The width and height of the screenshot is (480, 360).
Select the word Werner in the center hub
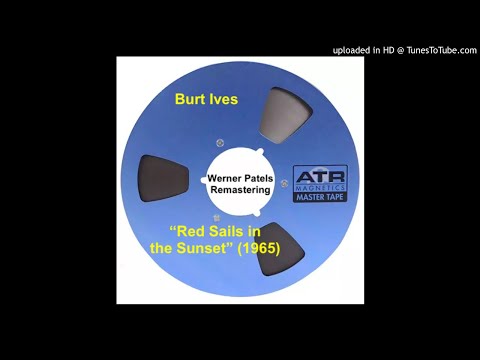coord(225,172)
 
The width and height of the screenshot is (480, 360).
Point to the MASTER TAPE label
coord(320,197)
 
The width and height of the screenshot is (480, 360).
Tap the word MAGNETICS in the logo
coord(320,187)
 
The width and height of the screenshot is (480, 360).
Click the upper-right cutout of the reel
coord(287,112)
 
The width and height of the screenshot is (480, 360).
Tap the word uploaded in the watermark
coord(353,51)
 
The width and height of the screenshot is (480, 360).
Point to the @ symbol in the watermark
coord(400,51)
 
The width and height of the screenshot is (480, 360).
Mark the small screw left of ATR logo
coord(285,181)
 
